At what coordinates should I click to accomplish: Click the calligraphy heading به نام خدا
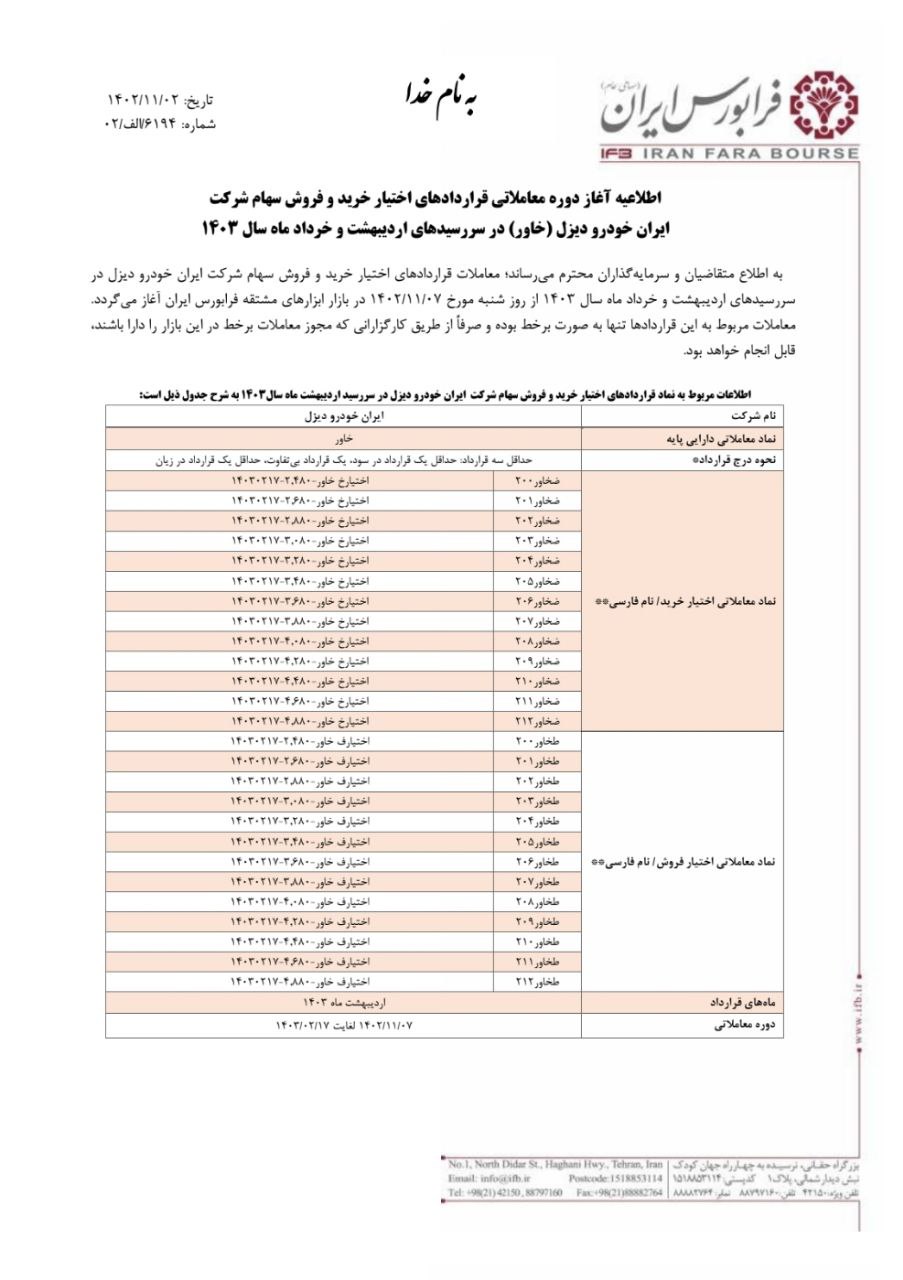tap(441, 98)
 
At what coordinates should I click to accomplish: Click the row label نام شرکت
tap(755, 414)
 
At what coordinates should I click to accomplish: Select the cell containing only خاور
tap(343, 438)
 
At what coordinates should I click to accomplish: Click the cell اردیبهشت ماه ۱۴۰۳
tap(343, 1001)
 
